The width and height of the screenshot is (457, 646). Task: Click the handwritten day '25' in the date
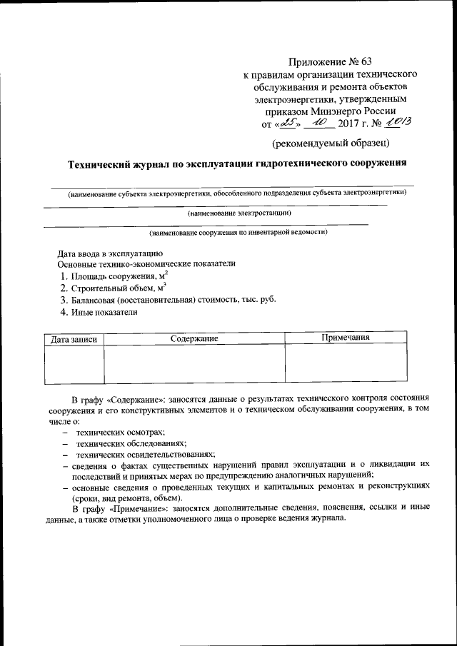(x=288, y=123)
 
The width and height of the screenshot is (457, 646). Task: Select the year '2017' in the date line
(x=347, y=124)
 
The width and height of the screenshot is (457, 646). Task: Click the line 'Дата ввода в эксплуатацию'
(x=111, y=253)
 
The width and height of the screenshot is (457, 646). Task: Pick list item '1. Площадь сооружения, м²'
(x=114, y=276)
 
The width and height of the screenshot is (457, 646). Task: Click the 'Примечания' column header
(x=345, y=338)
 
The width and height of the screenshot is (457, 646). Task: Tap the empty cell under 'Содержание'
(x=194, y=363)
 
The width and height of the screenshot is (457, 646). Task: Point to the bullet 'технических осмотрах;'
(x=121, y=432)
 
